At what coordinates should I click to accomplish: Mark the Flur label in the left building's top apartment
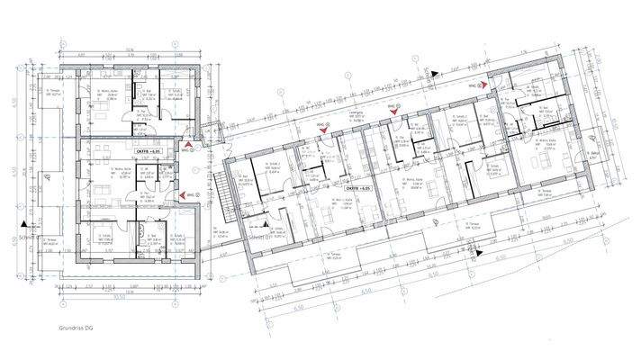(141, 115)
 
